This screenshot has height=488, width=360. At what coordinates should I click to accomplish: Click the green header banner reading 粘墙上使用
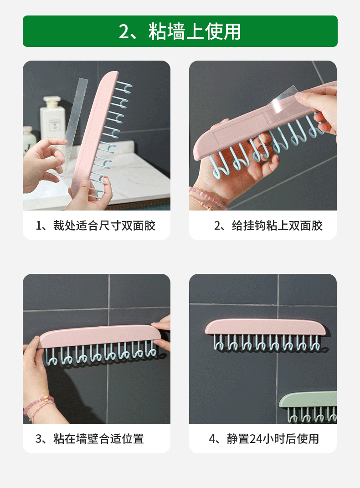pyautogui.click(x=180, y=31)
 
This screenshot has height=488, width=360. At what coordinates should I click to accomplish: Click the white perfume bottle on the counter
pyautogui.click(x=51, y=118)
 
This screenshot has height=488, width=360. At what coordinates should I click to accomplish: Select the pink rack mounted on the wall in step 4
pyautogui.click(x=265, y=327)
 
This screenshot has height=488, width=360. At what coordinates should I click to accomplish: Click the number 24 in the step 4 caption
pyautogui.click(x=256, y=439)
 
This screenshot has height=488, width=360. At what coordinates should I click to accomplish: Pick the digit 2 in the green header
pyautogui.click(x=123, y=31)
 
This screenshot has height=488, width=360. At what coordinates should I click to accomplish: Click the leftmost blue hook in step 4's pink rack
pyautogui.click(x=218, y=342)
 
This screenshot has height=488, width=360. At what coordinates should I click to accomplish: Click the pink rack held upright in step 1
pyautogui.click(x=93, y=134)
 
